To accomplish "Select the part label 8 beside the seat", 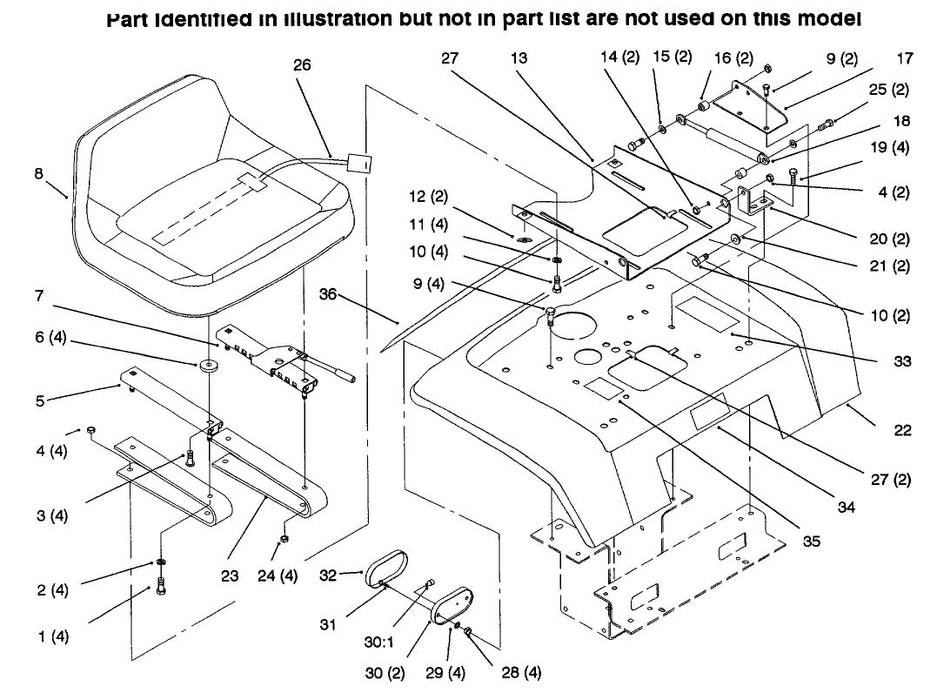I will pos(38,173).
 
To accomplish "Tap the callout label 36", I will pos(327,294).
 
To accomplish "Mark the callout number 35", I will pos(811,541).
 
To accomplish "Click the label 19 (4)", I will pos(889,147).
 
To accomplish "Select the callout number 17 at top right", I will pos(905,59).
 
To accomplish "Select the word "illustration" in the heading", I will pos(314,18).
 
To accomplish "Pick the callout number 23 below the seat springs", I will pos(229,575).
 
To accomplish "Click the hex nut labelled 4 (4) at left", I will pos(90,430).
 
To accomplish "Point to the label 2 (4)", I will pos(52,591).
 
